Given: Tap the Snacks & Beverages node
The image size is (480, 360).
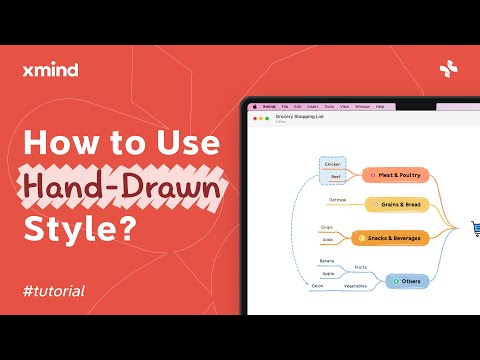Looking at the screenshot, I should [x=389, y=238].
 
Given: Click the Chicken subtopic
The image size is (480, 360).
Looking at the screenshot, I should [x=333, y=164].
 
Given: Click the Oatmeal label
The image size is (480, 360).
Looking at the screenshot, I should [x=337, y=200].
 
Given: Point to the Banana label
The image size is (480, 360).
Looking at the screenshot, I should [x=327, y=260].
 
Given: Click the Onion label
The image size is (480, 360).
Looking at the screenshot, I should [x=317, y=286].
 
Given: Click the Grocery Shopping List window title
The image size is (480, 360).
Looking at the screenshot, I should [x=301, y=116].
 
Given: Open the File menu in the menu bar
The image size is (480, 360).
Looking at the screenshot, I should [x=285, y=106].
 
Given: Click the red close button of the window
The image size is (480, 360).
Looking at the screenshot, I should [x=254, y=118].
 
